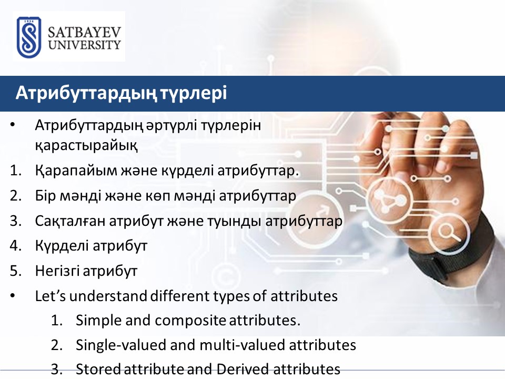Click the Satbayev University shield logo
29,37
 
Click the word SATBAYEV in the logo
84,33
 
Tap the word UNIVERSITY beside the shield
84,45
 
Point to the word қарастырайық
86,145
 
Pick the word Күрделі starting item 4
62,246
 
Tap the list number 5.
15,271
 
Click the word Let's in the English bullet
50,296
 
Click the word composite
190,321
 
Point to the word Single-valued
121,345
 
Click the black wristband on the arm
451,255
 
